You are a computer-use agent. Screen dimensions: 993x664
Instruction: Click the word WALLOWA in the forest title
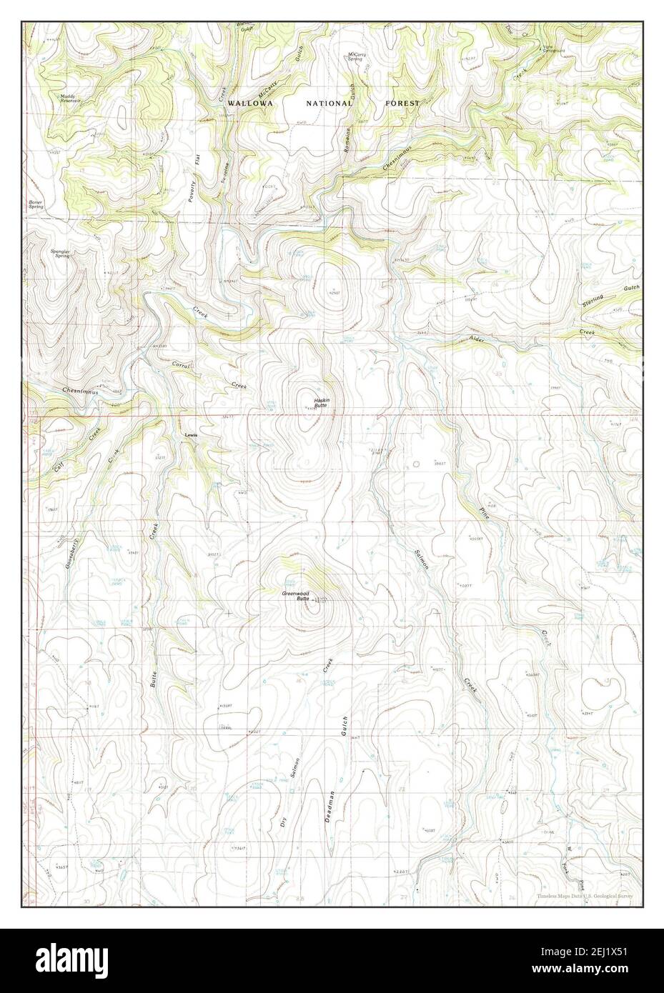[x=250, y=104]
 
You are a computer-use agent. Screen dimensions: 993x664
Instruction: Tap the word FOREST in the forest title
[x=402, y=104]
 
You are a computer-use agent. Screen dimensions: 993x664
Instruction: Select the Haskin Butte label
[x=322, y=402]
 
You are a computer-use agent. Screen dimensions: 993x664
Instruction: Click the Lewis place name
[x=190, y=435]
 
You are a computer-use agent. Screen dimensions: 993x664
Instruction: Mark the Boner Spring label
[x=37, y=204]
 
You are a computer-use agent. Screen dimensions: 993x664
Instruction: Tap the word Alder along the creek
[x=477, y=341]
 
